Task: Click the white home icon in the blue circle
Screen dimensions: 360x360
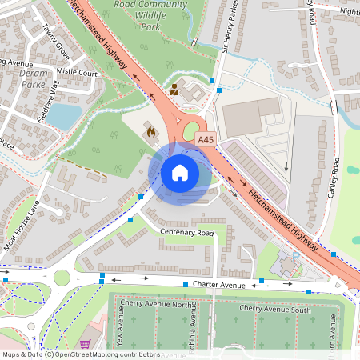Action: coord(180,172)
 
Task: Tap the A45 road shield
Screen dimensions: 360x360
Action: coord(206,139)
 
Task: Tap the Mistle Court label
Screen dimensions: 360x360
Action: coord(78,72)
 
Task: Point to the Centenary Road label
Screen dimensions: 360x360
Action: coord(187,232)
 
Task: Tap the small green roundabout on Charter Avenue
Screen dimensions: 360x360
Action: coord(62,278)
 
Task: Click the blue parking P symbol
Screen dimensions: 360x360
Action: coord(295,255)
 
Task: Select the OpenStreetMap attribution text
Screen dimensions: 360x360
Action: coord(81,354)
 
